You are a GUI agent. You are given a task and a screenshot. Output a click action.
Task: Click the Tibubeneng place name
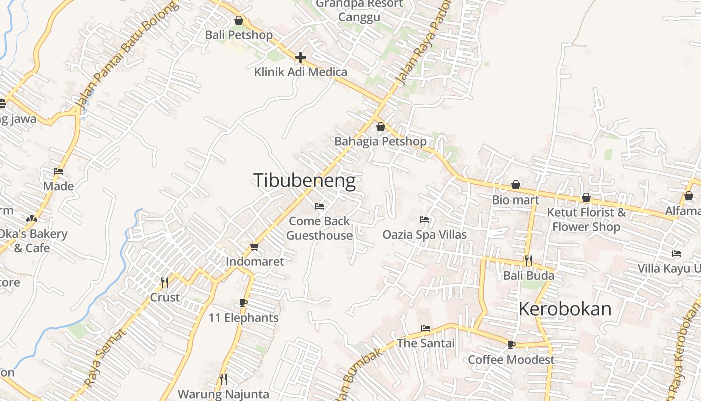pos(304,181)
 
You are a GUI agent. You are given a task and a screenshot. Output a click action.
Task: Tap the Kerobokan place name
pos(565,309)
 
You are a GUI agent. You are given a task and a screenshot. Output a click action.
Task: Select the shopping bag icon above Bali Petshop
pos(239,21)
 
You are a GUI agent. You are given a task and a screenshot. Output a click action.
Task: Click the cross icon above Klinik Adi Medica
pos(300,57)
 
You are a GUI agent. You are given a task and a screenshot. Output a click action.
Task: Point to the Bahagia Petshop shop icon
pos(380,127)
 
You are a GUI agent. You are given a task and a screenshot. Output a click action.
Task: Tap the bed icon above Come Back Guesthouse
pos(319,206)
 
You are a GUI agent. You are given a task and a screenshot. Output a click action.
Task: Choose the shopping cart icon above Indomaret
pos(254,247)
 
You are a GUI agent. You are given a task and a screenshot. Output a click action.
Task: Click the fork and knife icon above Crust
pos(164,283)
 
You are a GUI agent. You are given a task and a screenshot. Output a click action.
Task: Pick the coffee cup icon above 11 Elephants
pos(243,303)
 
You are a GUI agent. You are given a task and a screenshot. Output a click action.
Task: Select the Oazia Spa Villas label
pos(424,235)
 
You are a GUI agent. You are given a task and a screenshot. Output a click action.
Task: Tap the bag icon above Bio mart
pos(515,185)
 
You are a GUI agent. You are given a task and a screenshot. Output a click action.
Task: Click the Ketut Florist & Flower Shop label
pos(586,219)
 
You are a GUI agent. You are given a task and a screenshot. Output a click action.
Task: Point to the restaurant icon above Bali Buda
pos(528,261)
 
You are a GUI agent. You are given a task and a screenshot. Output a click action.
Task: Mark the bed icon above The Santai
pos(426,329)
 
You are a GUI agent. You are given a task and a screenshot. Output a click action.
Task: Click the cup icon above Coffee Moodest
pos(511,345)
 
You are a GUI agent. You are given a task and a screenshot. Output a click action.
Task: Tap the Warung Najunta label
pos(223,394)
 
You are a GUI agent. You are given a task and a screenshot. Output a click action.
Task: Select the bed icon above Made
pos(58,171)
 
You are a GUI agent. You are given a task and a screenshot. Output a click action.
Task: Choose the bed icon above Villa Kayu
pos(677,254)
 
